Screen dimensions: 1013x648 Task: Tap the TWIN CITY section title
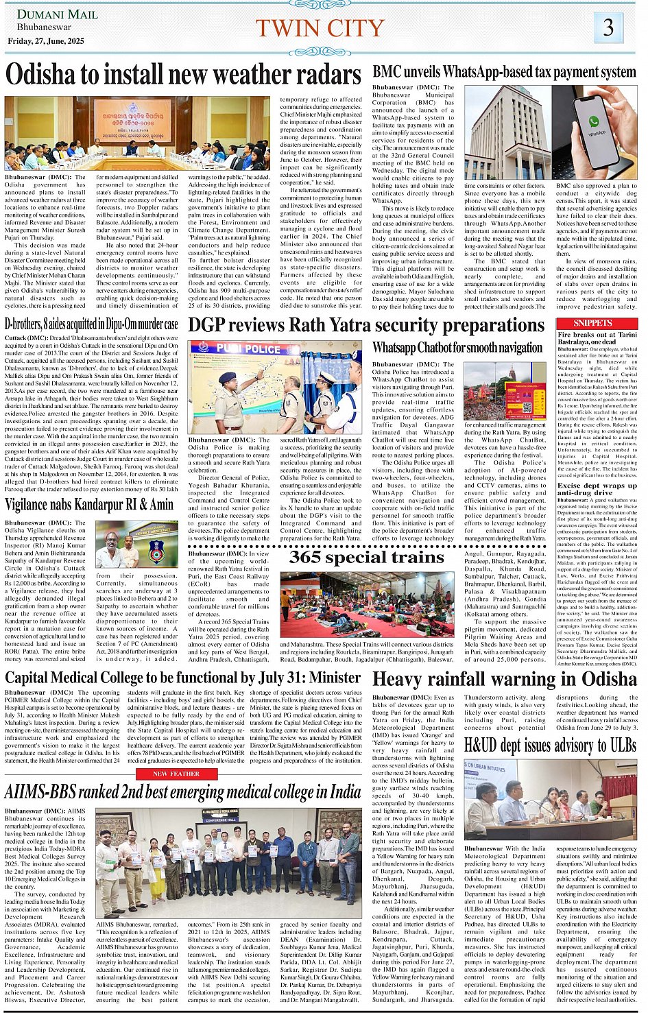pyautogui.click(x=320, y=28)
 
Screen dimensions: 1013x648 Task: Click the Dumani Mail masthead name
pyautogui.click(x=48, y=14)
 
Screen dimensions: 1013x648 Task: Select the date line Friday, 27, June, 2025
pyautogui.click(x=46, y=41)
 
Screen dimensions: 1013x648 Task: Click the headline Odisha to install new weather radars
pyautogui.click(x=183, y=74)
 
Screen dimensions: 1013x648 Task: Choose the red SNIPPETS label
pyautogui.click(x=593, y=323)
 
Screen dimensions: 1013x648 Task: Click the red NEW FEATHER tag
pyautogui.click(x=176, y=774)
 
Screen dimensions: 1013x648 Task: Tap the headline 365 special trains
pyautogui.click(x=366, y=557)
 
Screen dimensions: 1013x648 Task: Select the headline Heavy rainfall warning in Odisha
pyautogui.click(x=505, y=679)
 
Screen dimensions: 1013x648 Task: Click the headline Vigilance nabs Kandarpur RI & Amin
pyautogui.click(x=89, y=505)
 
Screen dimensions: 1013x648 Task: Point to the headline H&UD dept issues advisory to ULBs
pyautogui.click(x=550, y=745)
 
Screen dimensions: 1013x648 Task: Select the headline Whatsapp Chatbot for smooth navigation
pyautogui.click(x=457, y=348)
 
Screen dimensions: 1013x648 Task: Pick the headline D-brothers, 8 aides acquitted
pyautogui.click(x=91, y=324)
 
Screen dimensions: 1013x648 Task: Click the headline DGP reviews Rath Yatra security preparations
pyautogui.click(x=366, y=324)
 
